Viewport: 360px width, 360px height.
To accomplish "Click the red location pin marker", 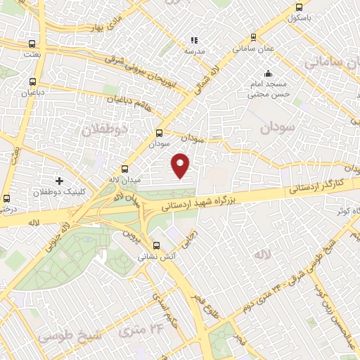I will pos(181,165).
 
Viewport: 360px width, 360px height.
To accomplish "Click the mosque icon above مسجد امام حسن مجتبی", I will pos(267,73).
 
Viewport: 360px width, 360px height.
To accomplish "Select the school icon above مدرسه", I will pos(194,40).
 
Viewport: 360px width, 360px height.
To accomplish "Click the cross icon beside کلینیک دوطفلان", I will pos(59,180).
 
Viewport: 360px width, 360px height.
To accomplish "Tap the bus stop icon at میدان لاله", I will pos(125,169).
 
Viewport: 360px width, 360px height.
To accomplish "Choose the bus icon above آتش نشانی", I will pos(156,246).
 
